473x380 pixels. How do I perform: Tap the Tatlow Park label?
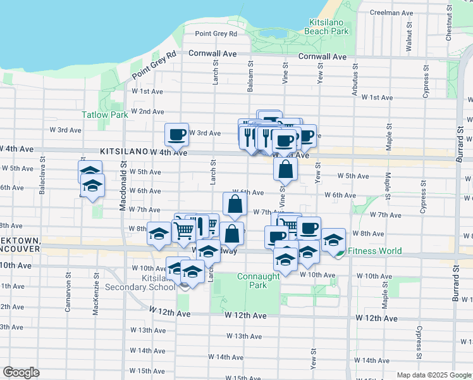[105, 115]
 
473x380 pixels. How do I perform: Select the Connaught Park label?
[258, 281]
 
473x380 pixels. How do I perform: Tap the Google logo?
[21, 372]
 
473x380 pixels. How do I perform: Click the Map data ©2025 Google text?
[434, 375]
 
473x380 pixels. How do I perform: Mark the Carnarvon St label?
[67, 298]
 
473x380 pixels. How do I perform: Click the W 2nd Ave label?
[147, 111]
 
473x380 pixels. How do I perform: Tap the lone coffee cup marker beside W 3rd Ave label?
[176, 134]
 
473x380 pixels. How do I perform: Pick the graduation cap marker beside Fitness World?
[333, 239]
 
